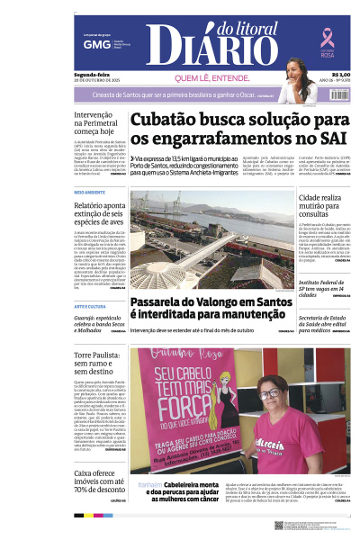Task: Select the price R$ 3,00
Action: click(x=340, y=75)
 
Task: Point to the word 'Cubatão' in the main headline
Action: click(x=172, y=120)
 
